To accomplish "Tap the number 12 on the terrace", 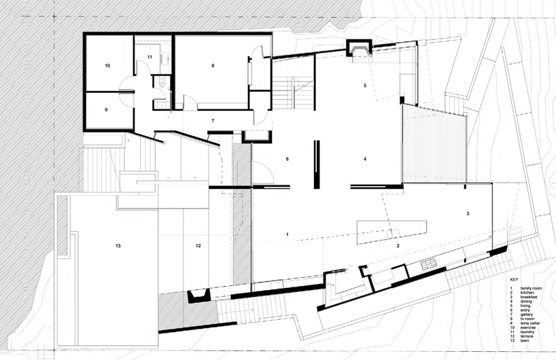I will click(x=198, y=245).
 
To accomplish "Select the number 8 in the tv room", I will click(x=213, y=66).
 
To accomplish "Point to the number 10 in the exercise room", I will click(x=107, y=66).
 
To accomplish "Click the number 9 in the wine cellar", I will click(x=107, y=109).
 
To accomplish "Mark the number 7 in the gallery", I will click(x=213, y=121).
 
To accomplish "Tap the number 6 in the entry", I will click(x=288, y=159).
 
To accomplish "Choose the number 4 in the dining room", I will click(x=365, y=159).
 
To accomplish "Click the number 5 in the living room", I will click(x=365, y=86).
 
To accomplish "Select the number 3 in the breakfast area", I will click(x=468, y=213).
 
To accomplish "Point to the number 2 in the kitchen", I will click(x=399, y=245).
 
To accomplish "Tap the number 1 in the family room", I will click(x=288, y=234).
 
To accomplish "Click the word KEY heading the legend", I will click(x=515, y=279).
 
